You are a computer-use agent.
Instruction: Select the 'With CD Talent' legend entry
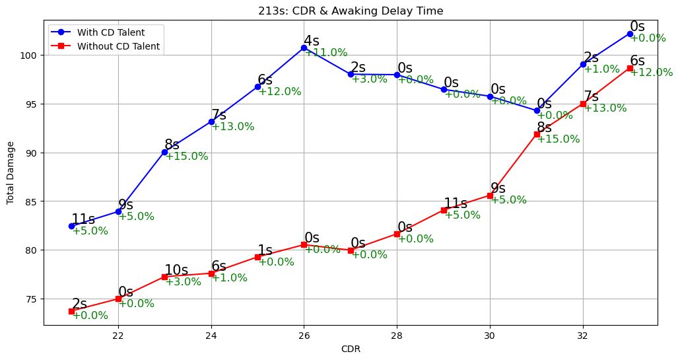110,32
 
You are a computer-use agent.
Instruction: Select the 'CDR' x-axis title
351,349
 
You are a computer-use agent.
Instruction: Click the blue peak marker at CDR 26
304,48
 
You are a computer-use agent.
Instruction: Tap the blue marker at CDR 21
71,226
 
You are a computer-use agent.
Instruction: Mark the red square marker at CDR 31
537,134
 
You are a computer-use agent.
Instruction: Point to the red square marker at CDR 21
71,311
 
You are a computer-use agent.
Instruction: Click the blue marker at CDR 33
630,34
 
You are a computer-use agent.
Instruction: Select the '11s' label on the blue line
83,219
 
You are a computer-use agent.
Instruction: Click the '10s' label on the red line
176,270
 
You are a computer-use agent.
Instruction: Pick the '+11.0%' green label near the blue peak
325,53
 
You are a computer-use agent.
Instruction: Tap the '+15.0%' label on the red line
558,139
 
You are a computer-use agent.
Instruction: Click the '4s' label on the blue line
311,41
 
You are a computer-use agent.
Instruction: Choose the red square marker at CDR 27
351,250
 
